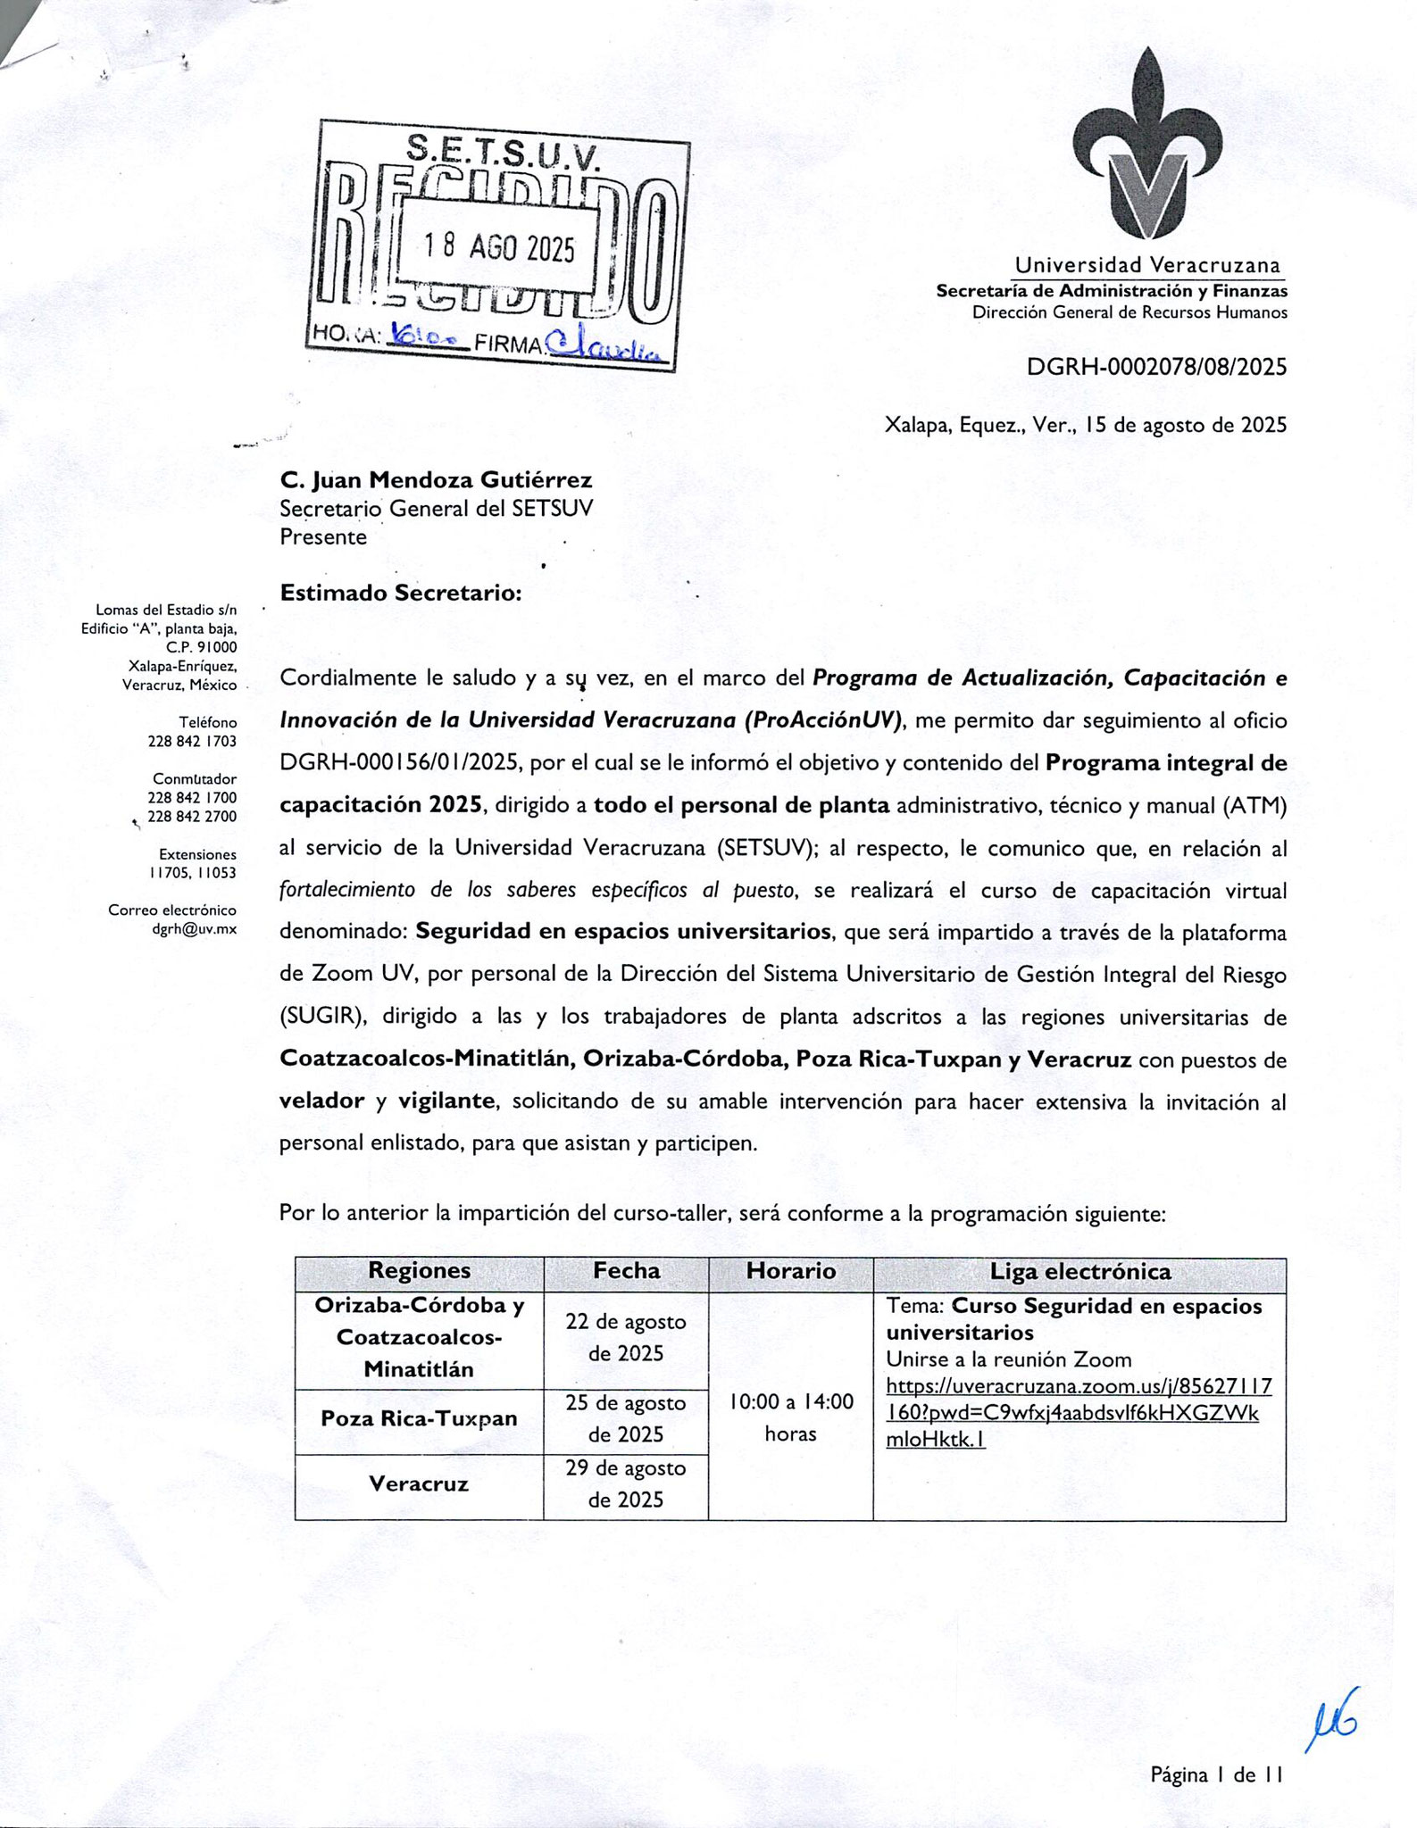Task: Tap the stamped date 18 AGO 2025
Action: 498,247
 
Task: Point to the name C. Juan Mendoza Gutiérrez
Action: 436,480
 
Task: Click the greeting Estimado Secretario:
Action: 400,593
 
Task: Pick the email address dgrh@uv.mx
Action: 194,929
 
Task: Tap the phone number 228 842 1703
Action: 192,741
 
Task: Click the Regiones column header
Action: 419,1271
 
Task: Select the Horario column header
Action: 790,1271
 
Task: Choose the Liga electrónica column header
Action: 1079,1271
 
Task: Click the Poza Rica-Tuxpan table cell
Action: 419,1418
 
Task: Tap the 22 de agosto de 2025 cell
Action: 625,1337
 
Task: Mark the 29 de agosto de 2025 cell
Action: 625,1483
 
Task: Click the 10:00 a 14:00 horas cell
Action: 790,1417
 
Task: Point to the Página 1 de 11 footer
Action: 1216,1775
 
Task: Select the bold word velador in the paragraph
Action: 321,1101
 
